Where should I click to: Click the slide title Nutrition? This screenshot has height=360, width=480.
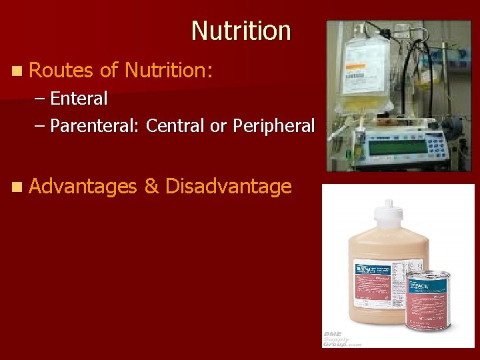tap(241, 31)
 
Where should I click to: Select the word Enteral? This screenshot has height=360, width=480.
tap(79, 99)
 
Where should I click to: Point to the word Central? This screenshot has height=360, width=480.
tap(175, 125)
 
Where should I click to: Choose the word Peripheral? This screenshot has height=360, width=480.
tap(273, 125)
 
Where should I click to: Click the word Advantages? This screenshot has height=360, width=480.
tap(83, 186)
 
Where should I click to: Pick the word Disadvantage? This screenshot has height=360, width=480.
tap(228, 186)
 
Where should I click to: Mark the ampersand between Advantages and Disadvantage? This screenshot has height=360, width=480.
tap(151, 186)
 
